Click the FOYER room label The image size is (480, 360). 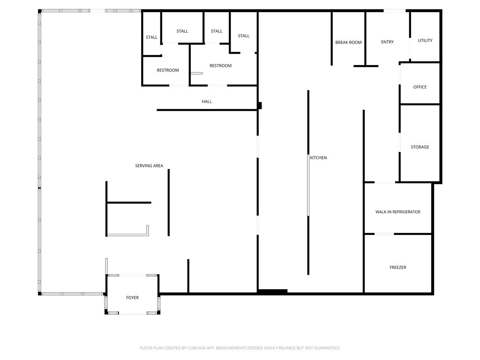coord(132,298)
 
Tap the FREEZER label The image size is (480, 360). coord(397,267)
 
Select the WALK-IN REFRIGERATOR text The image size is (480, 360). coord(397,212)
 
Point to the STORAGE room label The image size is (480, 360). coord(420,147)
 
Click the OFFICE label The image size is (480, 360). coord(420,87)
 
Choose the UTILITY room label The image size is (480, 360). coord(425,40)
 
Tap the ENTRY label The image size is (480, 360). coord(387,42)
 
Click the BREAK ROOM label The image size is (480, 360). coord(348,42)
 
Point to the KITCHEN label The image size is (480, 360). coord(318,157)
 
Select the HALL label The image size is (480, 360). coord(207,101)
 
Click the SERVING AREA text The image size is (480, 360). coord(149,165)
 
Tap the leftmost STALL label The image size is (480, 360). coord(151,37)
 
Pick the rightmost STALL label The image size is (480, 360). coord(243,36)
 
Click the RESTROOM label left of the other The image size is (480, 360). coord(168,70)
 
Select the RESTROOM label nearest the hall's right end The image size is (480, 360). coord(220,66)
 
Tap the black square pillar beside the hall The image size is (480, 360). coord(260,105)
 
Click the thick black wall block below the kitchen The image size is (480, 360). coord(272,292)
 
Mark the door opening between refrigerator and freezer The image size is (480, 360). coord(384,234)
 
